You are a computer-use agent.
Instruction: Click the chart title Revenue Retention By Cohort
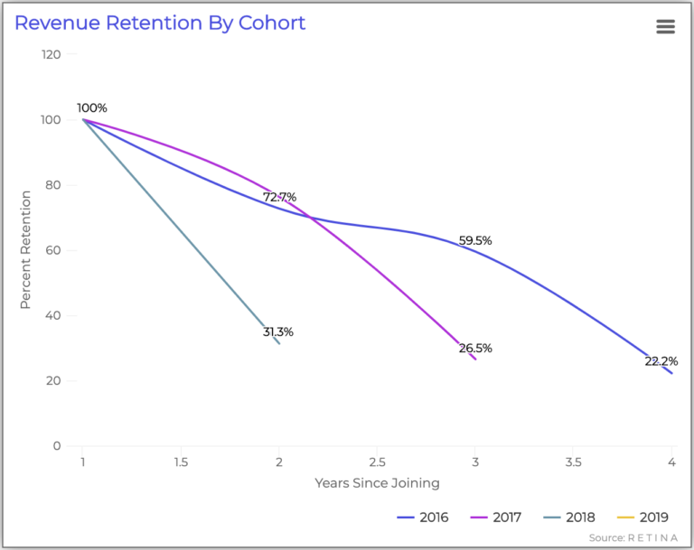[x=160, y=23]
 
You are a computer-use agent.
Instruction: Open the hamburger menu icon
[x=665, y=26]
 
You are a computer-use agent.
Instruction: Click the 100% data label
[x=91, y=108]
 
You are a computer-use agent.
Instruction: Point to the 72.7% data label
[x=279, y=197]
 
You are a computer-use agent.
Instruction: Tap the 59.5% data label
[x=475, y=241]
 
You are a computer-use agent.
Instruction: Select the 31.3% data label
[x=277, y=332]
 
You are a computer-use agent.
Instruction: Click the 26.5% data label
[x=475, y=349]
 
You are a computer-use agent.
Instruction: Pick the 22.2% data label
[x=661, y=361]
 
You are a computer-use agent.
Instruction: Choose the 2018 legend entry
[x=572, y=517]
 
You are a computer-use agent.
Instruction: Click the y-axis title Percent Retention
[x=26, y=250]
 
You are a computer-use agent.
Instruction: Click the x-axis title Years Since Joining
[x=377, y=483]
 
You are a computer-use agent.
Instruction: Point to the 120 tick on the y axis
[x=51, y=54]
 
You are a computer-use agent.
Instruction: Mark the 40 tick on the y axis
[x=52, y=316]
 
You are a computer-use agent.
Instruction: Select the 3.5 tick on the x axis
[x=573, y=462]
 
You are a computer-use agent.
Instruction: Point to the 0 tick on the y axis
[x=57, y=446]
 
